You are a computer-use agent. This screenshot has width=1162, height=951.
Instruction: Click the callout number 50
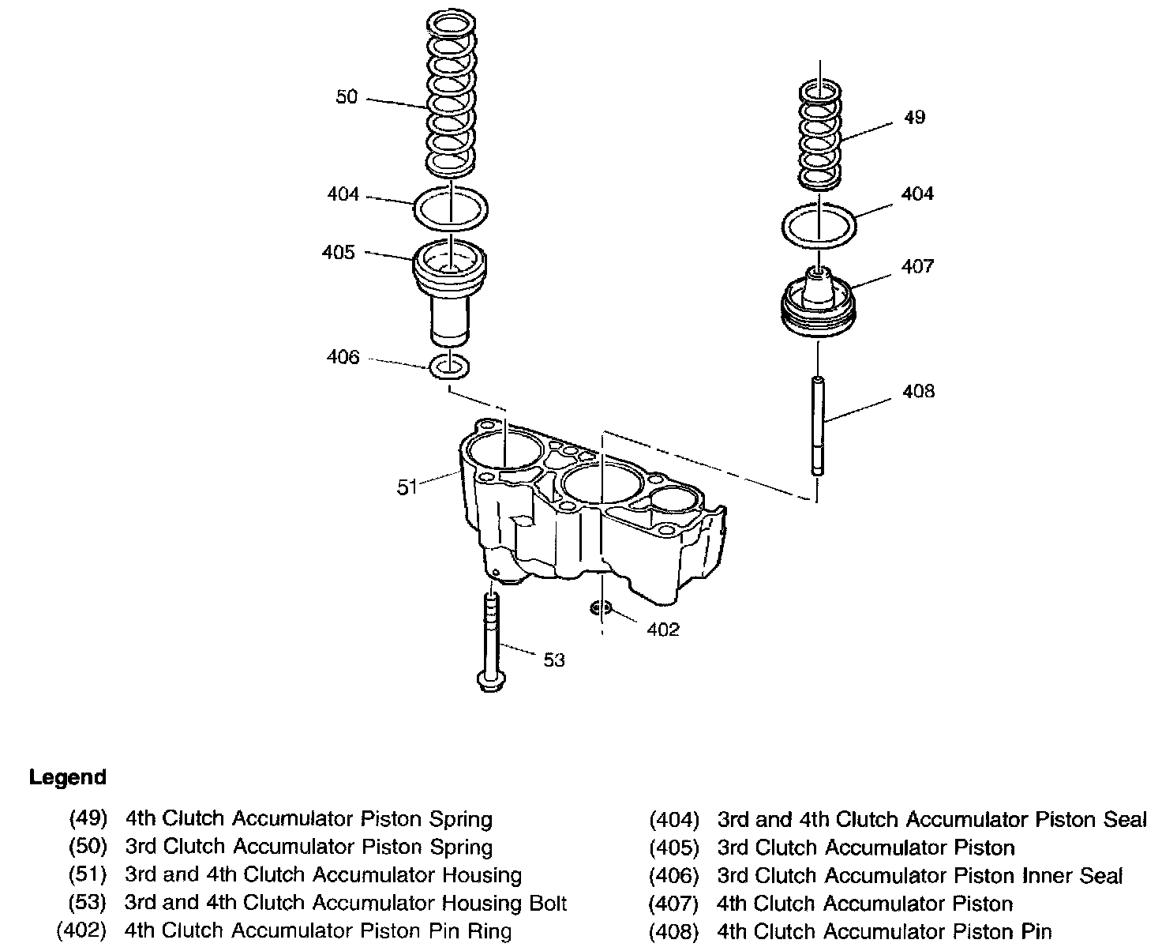point(347,97)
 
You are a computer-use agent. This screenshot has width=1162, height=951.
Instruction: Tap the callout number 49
point(914,118)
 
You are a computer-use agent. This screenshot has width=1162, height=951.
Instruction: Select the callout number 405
point(339,253)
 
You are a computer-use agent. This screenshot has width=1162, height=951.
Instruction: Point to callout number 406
point(343,358)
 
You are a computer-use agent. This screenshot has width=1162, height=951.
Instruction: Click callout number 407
point(917,266)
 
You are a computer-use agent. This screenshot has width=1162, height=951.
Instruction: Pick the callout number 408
point(918,391)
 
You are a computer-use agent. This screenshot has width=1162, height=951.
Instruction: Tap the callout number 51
point(407,488)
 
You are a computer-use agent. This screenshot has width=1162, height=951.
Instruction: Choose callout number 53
point(554,660)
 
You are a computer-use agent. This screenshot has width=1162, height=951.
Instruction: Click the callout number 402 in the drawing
point(663,629)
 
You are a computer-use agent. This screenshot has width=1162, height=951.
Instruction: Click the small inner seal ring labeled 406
point(450,366)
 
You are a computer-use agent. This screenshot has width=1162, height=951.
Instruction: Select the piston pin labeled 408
point(818,427)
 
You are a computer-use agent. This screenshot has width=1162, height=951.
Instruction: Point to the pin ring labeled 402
point(601,608)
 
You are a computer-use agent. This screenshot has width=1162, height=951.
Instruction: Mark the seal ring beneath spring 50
point(451,209)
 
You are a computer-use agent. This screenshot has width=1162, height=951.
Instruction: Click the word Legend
point(68,777)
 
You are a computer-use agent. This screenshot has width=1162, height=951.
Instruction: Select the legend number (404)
point(674,820)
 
